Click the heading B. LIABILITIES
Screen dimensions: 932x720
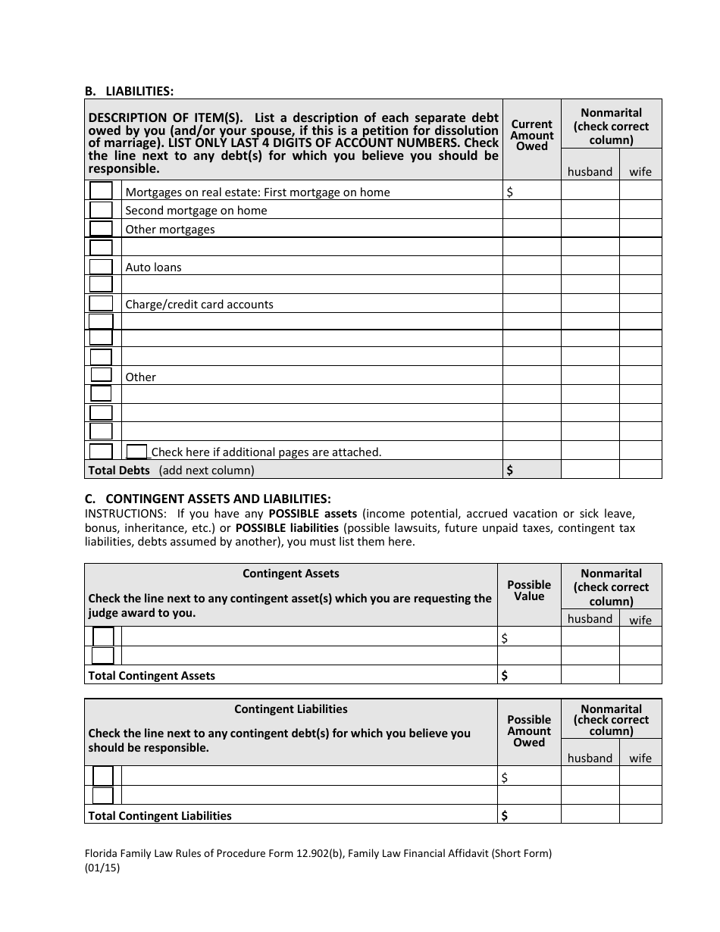(x=129, y=91)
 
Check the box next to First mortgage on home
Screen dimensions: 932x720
(x=101, y=191)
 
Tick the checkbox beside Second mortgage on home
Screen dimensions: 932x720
(x=101, y=210)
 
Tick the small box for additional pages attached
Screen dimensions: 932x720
(x=136, y=452)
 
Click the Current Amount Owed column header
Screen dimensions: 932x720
(x=531, y=135)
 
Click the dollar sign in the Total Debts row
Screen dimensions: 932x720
(x=509, y=470)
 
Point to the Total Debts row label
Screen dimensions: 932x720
(x=119, y=470)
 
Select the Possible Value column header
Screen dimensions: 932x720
(x=529, y=590)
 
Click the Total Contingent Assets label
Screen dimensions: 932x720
(x=152, y=675)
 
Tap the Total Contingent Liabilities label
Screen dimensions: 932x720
(x=160, y=815)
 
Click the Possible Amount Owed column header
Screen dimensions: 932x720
(x=529, y=730)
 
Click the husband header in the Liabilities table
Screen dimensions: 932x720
(x=590, y=171)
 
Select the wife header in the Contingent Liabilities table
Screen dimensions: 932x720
(x=640, y=758)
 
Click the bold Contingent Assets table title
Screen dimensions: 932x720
(x=291, y=574)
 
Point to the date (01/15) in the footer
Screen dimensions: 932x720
(x=102, y=868)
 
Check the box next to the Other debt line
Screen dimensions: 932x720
(x=101, y=374)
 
